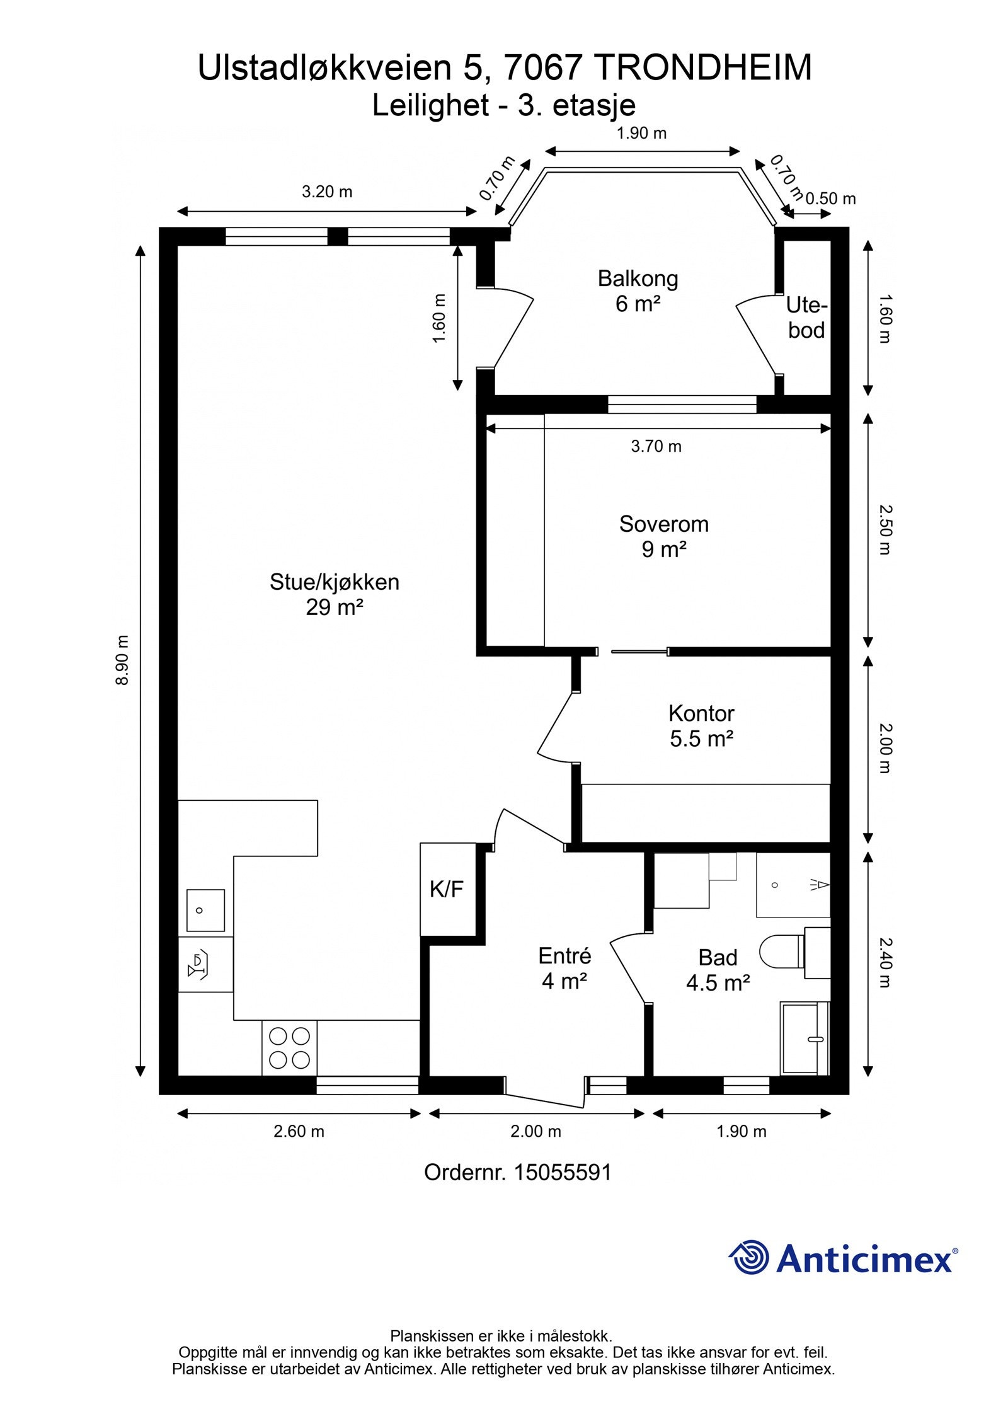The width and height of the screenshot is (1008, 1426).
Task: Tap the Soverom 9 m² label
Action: pos(663,536)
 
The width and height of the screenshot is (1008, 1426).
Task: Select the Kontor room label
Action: pos(701,725)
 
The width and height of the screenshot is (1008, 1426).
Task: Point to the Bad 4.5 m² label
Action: pos(718,970)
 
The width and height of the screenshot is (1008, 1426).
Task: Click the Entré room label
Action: pos(564,969)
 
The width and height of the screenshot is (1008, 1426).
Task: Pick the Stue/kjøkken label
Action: pos(335,594)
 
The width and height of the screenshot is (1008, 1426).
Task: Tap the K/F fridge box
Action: pos(447,889)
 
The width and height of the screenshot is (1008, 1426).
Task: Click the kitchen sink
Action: pos(205,911)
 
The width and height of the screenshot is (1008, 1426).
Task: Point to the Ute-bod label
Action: pos(806,318)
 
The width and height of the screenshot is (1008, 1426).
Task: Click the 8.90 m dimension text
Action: pos(122,660)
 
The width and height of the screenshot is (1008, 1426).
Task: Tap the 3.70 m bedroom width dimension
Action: pos(656,446)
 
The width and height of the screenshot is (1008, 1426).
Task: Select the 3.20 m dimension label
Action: pos(327,192)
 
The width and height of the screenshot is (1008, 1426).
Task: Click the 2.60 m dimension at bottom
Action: pos(299,1131)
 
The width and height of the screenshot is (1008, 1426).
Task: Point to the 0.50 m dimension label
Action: pos(830,198)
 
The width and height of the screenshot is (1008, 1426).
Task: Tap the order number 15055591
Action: pos(563,1172)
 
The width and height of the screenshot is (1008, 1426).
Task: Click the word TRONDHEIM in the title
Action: pos(703,68)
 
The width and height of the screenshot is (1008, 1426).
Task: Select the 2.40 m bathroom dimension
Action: pos(885,963)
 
